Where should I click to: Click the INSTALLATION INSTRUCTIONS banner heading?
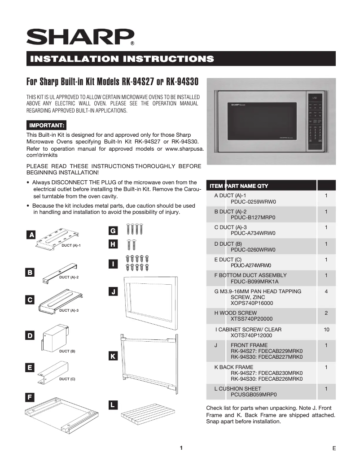(x=121, y=59)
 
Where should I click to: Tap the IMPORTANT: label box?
(x=47, y=124)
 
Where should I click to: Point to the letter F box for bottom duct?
(x=29, y=397)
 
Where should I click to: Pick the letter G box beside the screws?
(x=114, y=230)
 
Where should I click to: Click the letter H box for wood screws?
(x=114, y=244)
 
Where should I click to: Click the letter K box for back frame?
(x=114, y=356)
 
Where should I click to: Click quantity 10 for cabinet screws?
(x=326, y=330)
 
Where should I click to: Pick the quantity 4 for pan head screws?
(x=326, y=291)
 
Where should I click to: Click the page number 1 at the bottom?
(x=181, y=448)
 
